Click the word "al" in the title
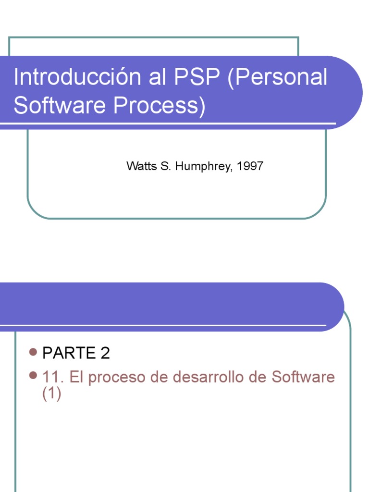pyautogui.click(x=157, y=77)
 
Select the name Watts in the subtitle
pyautogui.click(x=140, y=166)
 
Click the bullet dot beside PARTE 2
pyautogui.click(x=33, y=352)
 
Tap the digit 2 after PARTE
pyautogui.click(x=105, y=353)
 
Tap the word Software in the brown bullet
pyautogui.click(x=303, y=377)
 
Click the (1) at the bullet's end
pyautogui.click(x=52, y=394)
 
